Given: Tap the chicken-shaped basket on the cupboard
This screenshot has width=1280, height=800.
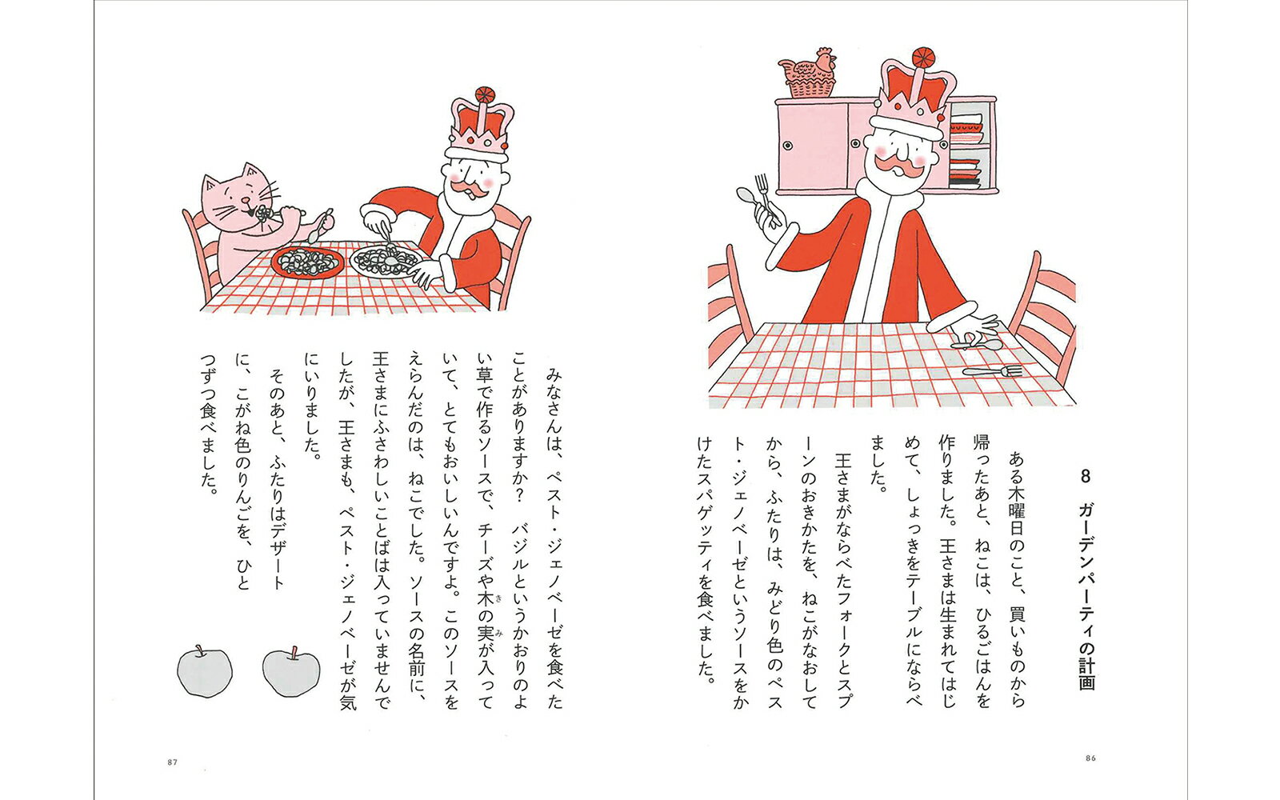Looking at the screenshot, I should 808,74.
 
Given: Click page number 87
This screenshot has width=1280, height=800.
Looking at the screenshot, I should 171,762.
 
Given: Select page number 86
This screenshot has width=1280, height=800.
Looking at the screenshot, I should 1089,758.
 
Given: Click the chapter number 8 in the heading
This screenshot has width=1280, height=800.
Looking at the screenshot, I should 1086,477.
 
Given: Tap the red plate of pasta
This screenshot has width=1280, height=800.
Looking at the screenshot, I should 306,262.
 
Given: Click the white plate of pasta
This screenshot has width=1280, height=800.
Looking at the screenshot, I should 386,261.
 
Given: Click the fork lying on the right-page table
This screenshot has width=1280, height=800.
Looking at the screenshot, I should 993,371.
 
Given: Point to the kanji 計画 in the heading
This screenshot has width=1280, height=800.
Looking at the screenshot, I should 1086,670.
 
